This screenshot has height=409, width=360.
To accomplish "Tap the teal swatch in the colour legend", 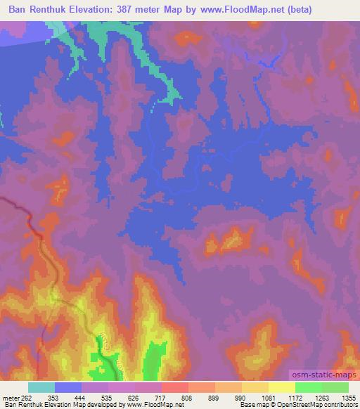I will (x=41, y=387).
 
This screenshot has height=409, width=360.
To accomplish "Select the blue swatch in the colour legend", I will (x=68, y=387).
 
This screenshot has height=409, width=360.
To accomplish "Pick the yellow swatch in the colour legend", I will (x=281, y=387).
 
